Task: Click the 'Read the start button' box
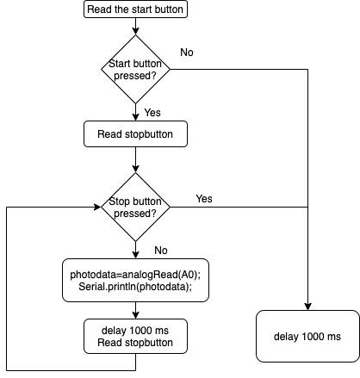tap(134, 10)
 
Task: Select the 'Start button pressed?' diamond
tap(134, 68)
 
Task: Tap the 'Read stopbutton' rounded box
tap(134, 133)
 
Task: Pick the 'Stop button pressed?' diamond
tap(134, 207)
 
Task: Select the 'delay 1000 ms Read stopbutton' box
tap(134, 337)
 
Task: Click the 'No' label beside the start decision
tap(187, 53)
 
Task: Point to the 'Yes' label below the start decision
tap(152, 112)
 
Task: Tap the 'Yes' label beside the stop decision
tap(204, 199)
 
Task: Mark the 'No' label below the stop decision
tap(160, 251)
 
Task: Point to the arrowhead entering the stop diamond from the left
tap(96, 207)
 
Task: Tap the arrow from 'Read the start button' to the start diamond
tap(134, 27)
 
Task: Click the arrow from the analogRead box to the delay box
tap(134, 310)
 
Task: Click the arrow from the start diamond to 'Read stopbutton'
tap(134, 110)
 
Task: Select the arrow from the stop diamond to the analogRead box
tap(134, 250)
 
